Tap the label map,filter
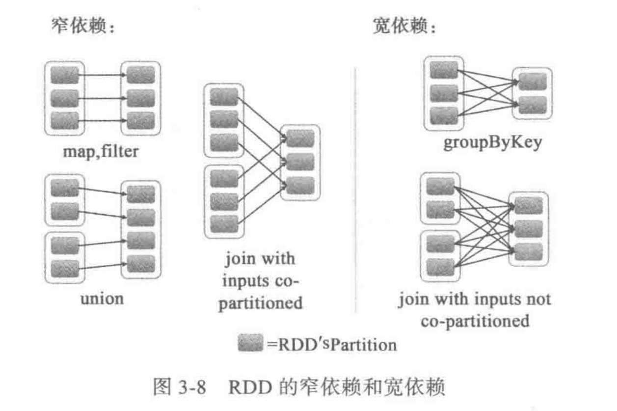pos(101,151)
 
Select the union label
pos(102,298)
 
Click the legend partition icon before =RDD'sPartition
pos(251,344)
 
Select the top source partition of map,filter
pos(64,75)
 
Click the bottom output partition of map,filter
pos(140,120)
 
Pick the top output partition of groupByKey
pos(533,82)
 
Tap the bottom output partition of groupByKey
pos(533,104)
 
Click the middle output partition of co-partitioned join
pos(300,162)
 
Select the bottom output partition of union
pos(140,261)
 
